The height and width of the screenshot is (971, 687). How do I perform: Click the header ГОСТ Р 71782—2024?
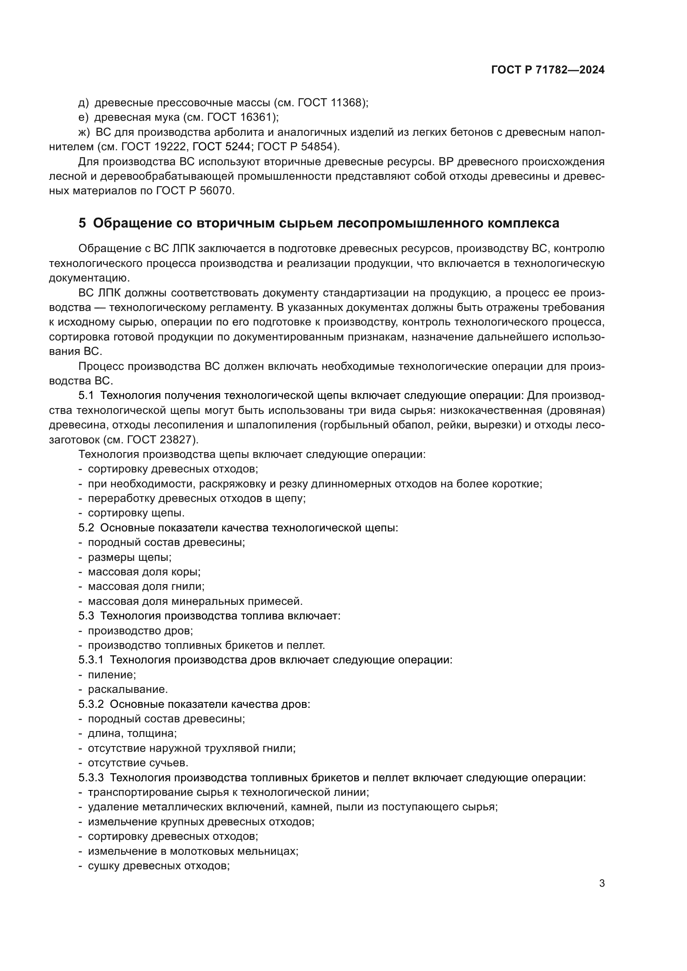(x=548, y=70)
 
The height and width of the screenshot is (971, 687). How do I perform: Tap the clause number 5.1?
(x=86, y=396)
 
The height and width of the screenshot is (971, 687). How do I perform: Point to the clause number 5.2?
(x=86, y=528)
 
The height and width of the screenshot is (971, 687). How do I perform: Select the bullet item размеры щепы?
(x=130, y=558)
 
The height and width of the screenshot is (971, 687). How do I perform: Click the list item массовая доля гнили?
(x=146, y=587)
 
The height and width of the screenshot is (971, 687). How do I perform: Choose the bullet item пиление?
(x=112, y=675)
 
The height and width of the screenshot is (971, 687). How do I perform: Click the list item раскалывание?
(x=128, y=690)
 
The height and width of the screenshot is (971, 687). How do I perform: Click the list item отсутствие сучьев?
(x=138, y=763)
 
